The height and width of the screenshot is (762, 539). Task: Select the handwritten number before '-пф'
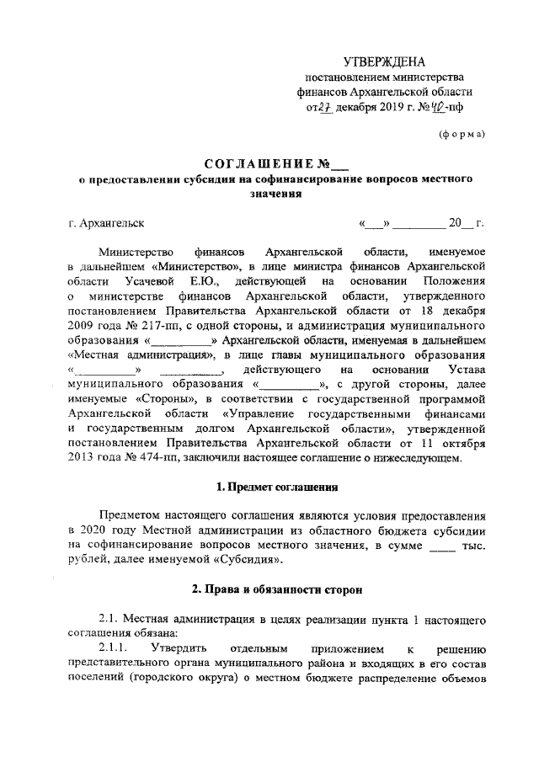coord(439,108)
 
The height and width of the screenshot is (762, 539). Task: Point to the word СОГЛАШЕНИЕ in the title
coord(253,163)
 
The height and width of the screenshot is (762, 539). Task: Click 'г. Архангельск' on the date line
coord(106,224)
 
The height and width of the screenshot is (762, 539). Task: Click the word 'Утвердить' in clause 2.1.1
coord(179,648)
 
